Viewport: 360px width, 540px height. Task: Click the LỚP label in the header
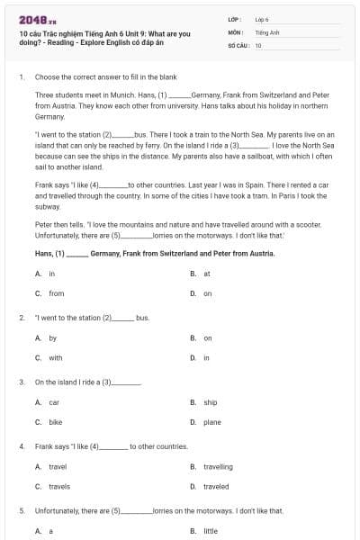pos(236,18)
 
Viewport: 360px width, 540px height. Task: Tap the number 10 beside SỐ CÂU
pos(258,45)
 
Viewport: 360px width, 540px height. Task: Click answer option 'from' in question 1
pos(56,293)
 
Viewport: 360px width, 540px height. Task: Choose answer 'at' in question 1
pos(207,274)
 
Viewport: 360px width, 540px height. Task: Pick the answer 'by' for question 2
pos(52,338)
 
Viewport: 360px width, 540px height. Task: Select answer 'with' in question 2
pos(55,358)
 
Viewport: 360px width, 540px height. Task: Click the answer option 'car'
pos(54,402)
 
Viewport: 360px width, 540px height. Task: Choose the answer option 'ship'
pos(211,402)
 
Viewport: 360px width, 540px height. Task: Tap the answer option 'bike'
pos(55,422)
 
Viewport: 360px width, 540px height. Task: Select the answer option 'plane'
pos(212,422)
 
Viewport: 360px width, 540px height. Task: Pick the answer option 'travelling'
pos(218,467)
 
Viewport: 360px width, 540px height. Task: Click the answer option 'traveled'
pos(216,487)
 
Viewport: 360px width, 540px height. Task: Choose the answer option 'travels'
pos(58,487)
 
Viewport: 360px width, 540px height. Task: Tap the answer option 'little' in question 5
pos(211,532)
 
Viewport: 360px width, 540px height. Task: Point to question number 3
pos(21,382)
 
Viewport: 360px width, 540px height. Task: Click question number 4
pos(21,446)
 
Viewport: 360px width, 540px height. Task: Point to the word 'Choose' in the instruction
pos(47,77)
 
